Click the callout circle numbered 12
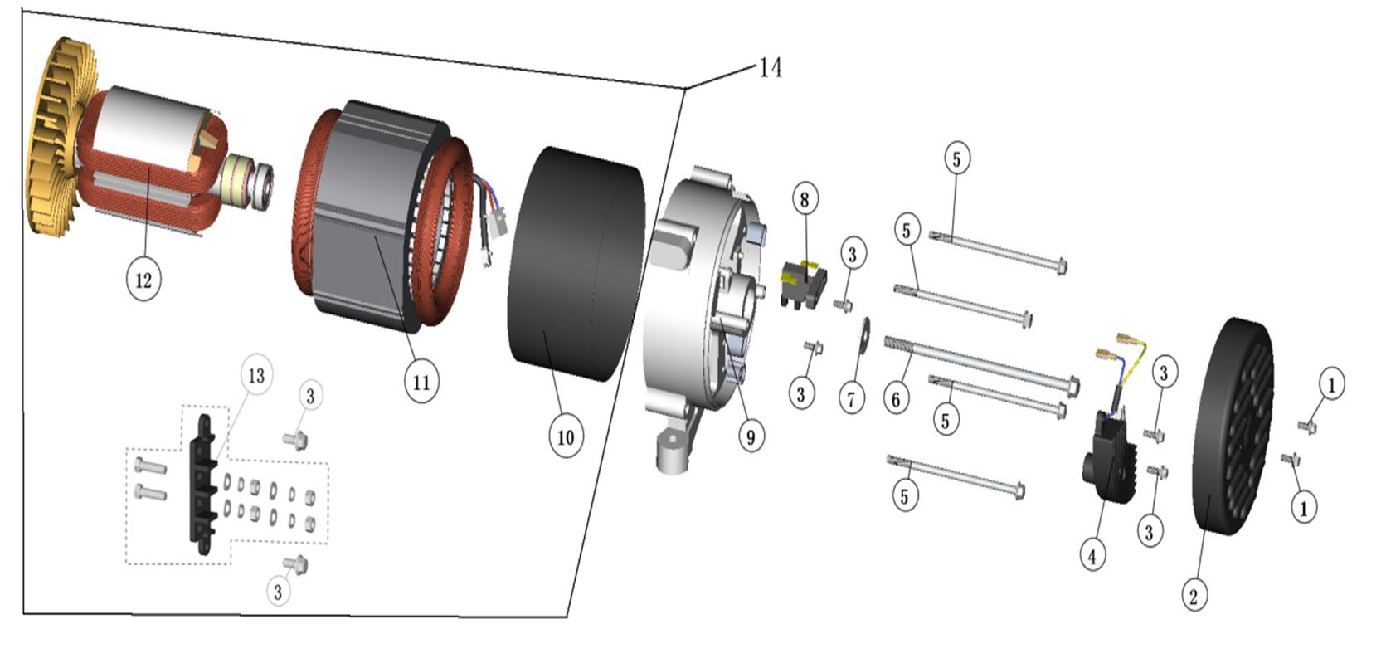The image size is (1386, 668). pos(143,279)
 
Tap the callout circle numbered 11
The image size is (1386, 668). pos(421,382)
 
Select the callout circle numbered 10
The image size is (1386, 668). pos(566,436)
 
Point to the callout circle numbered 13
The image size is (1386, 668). pos(256,375)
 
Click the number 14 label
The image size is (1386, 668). pos(770,66)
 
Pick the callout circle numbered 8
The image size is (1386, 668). pos(804,199)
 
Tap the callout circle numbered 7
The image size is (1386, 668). pos(851,399)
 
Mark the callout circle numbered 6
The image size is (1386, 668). pos(896,399)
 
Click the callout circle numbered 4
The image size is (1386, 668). pos(1092,555)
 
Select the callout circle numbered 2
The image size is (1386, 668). pos(1194,595)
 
